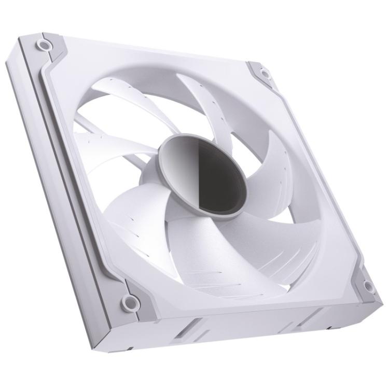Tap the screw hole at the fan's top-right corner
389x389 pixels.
point(266,74)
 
